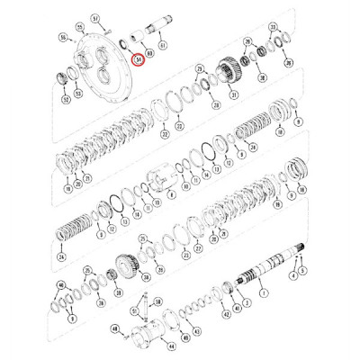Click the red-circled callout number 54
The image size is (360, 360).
point(138,59)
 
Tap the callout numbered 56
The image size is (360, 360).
point(64,38)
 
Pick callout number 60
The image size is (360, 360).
point(150,53)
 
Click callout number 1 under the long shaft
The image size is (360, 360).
point(264,293)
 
